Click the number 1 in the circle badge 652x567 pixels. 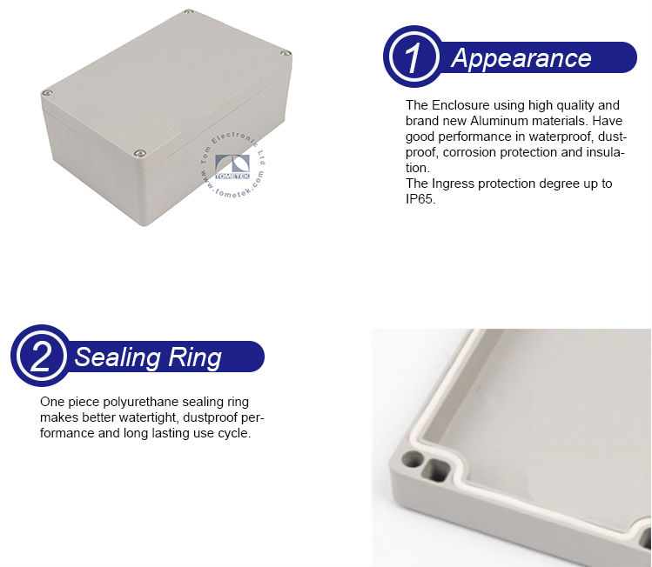412,57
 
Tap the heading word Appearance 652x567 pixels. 521,58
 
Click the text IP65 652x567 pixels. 420,199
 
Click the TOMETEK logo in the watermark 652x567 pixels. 232,167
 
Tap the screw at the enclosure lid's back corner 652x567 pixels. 188,11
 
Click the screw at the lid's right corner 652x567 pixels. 286,53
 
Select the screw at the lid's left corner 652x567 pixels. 47,93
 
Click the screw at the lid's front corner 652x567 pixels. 140,154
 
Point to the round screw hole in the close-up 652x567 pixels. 412,460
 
